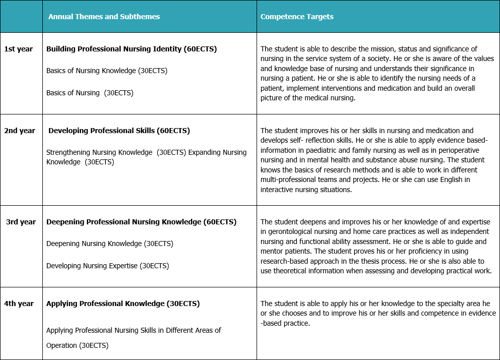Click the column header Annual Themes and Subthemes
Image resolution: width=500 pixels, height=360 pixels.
point(104,17)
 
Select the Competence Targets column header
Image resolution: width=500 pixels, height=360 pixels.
point(297,17)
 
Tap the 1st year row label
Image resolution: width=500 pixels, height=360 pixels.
point(19,49)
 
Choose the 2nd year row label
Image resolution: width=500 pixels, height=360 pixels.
point(20,131)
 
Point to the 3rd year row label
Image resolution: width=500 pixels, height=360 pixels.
point(21,222)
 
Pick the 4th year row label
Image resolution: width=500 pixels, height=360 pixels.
point(19,304)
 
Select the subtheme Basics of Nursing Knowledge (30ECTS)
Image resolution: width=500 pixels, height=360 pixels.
point(107,71)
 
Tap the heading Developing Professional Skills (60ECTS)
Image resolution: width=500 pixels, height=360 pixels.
point(119,131)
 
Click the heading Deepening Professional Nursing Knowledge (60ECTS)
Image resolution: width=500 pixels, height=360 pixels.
point(141,222)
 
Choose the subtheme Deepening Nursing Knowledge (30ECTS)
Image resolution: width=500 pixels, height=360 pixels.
point(109,244)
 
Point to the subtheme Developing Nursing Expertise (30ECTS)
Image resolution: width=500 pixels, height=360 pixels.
point(107,266)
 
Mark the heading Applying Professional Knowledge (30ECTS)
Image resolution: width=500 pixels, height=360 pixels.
point(123,304)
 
